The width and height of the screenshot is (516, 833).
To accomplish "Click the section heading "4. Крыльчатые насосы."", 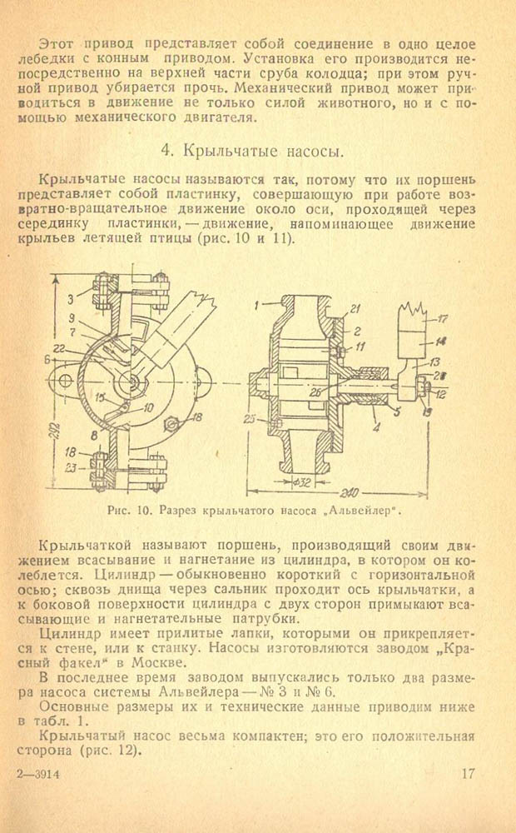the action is click(x=252, y=152).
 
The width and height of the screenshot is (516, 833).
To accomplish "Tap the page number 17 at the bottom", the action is click(x=469, y=773).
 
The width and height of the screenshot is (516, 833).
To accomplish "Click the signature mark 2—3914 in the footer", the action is click(x=38, y=774).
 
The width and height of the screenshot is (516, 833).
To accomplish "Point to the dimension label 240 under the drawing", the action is click(x=350, y=492).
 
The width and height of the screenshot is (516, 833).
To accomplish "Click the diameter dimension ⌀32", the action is click(x=303, y=482).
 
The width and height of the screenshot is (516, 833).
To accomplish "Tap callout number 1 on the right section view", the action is click(x=256, y=305).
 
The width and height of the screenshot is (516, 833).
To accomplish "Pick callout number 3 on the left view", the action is click(x=70, y=300).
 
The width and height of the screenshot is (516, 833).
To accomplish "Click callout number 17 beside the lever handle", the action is click(x=442, y=319).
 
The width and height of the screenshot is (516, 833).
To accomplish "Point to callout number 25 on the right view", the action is click(x=249, y=419).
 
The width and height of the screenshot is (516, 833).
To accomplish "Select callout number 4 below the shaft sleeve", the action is click(x=376, y=426).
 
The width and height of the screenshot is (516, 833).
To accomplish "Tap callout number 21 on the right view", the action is click(x=355, y=309).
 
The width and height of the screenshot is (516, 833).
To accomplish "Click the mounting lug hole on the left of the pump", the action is click(x=65, y=381).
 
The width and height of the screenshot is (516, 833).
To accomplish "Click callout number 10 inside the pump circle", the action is click(x=148, y=408).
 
